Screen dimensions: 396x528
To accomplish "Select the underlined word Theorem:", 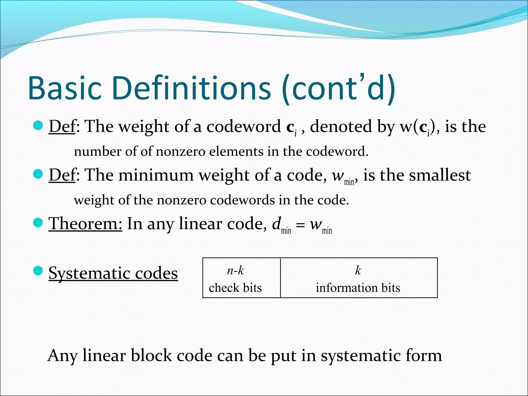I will point(85,224).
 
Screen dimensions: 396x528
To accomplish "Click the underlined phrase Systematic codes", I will point(113,273).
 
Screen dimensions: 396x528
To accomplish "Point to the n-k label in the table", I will point(235,270).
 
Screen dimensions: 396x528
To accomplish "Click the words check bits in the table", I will point(235,288).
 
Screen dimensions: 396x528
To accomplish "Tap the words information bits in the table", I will point(358,288).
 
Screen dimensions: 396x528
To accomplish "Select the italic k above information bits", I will point(358,270).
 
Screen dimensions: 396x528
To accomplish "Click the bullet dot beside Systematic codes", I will point(38,271).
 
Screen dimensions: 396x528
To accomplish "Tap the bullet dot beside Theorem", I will point(38,222).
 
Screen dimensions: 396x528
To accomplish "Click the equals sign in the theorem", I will point(300,225).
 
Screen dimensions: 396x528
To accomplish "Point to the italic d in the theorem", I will point(276,223).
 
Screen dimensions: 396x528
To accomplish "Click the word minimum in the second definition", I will point(156,175).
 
